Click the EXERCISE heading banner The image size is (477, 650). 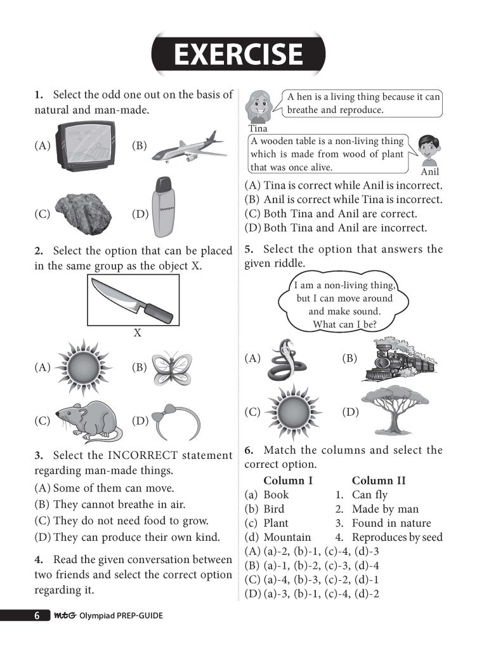238,54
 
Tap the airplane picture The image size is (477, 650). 189,148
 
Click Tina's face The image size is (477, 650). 259,106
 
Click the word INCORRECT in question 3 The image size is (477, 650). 150,456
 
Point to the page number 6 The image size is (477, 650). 37,616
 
